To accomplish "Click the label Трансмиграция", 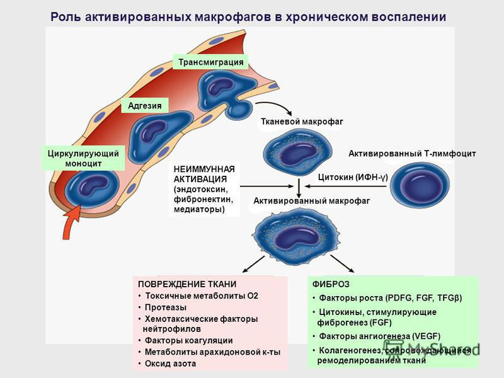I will [x=210, y=62].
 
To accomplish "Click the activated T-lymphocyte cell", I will [x=418, y=188].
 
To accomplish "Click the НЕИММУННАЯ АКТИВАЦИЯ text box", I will [x=204, y=189].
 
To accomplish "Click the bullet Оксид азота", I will [x=170, y=364].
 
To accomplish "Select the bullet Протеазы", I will [x=165, y=307].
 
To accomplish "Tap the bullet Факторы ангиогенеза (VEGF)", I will [x=379, y=336].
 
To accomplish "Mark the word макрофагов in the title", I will [x=239, y=17].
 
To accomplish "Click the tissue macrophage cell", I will [x=294, y=152].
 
